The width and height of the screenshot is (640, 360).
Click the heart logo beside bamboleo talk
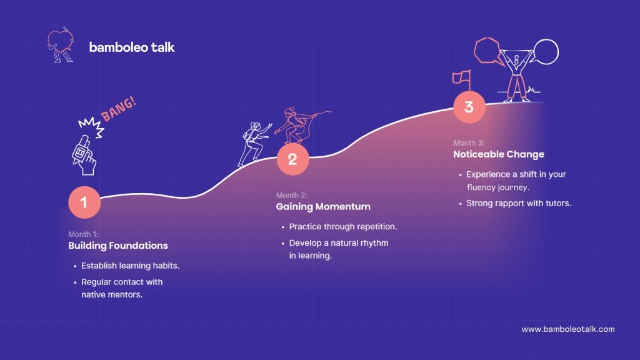pyautogui.click(x=61, y=45)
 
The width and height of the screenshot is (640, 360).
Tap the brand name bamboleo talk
pyautogui.click(x=132, y=47)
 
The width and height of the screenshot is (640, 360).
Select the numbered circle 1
pyautogui.click(x=84, y=202)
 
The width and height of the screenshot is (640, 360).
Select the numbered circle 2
pyautogui.click(x=292, y=159)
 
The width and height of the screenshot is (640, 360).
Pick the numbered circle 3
pyautogui.click(x=469, y=107)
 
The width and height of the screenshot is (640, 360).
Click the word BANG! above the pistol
pyautogui.click(x=118, y=109)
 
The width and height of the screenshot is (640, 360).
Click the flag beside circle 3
pyautogui.click(x=462, y=79)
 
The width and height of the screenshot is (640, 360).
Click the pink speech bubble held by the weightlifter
pyautogui.click(x=487, y=51)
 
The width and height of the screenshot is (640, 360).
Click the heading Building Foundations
pyautogui.click(x=118, y=245)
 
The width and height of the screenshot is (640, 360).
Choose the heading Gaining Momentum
pyautogui.click(x=323, y=206)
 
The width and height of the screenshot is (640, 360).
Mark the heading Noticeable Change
pyautogui.click(x=499, y=154)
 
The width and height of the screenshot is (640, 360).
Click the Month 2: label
pyautogui.click(x=291, y=195)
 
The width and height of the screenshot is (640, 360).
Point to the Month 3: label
pyautogui.click(x=469, y=143)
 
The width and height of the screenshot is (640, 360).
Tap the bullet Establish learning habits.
pyautogui.click(x=130, y=266)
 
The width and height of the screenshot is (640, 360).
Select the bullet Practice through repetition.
pyautogui.click(x=343, y=226)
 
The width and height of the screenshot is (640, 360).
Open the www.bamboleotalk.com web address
pyautogui.click(x=568, y=329)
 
